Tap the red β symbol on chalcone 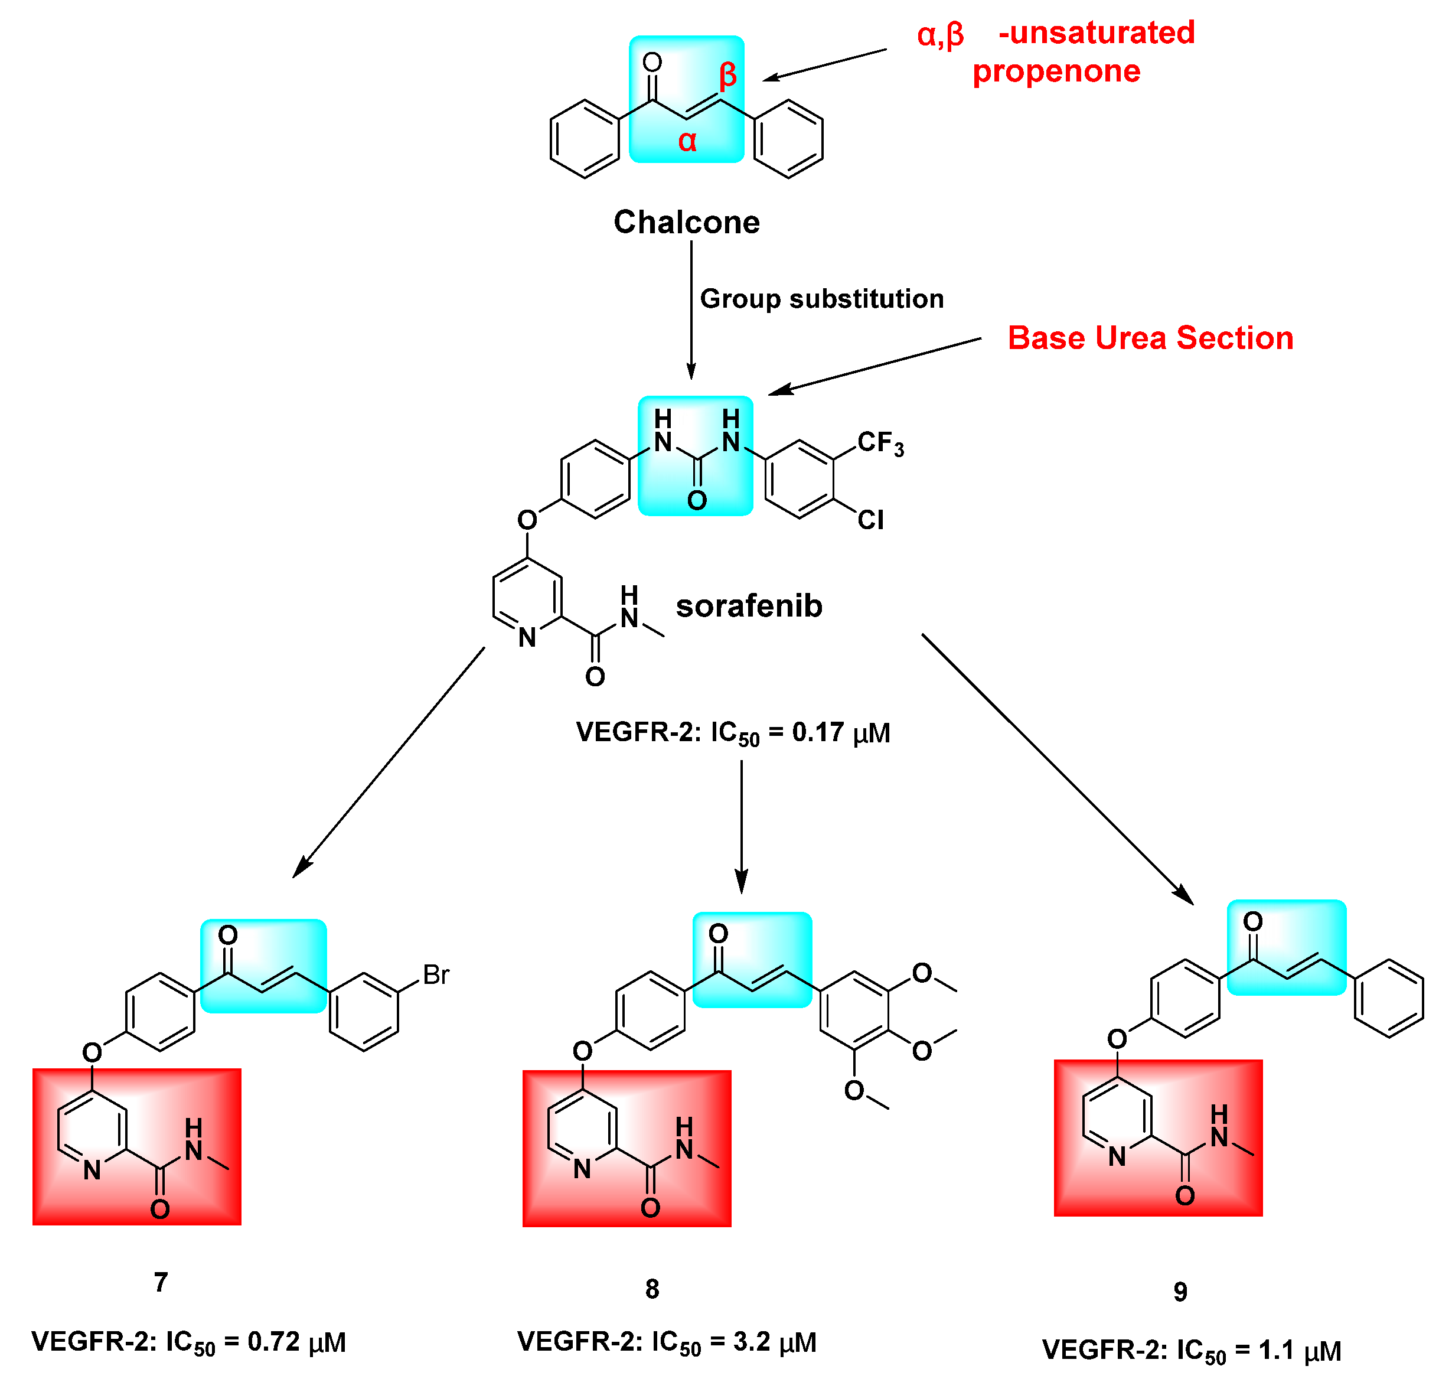(x=727, y=76)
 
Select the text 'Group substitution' (x=821, y=299)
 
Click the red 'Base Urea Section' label (x=1150, y=338)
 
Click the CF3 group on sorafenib (x=880, y=444)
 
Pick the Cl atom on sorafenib (x=871, y=520)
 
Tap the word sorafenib (x=749, y=606)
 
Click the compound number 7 (x=161, y=1282)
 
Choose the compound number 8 (x=652, y=1289)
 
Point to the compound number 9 (x=1180, y=1292)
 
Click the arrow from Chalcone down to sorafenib (x=691, y=308)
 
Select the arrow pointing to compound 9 (x=1057, y=768)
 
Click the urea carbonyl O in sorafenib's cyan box (x=697, y=501)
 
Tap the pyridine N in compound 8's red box (x=582, y=1168)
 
